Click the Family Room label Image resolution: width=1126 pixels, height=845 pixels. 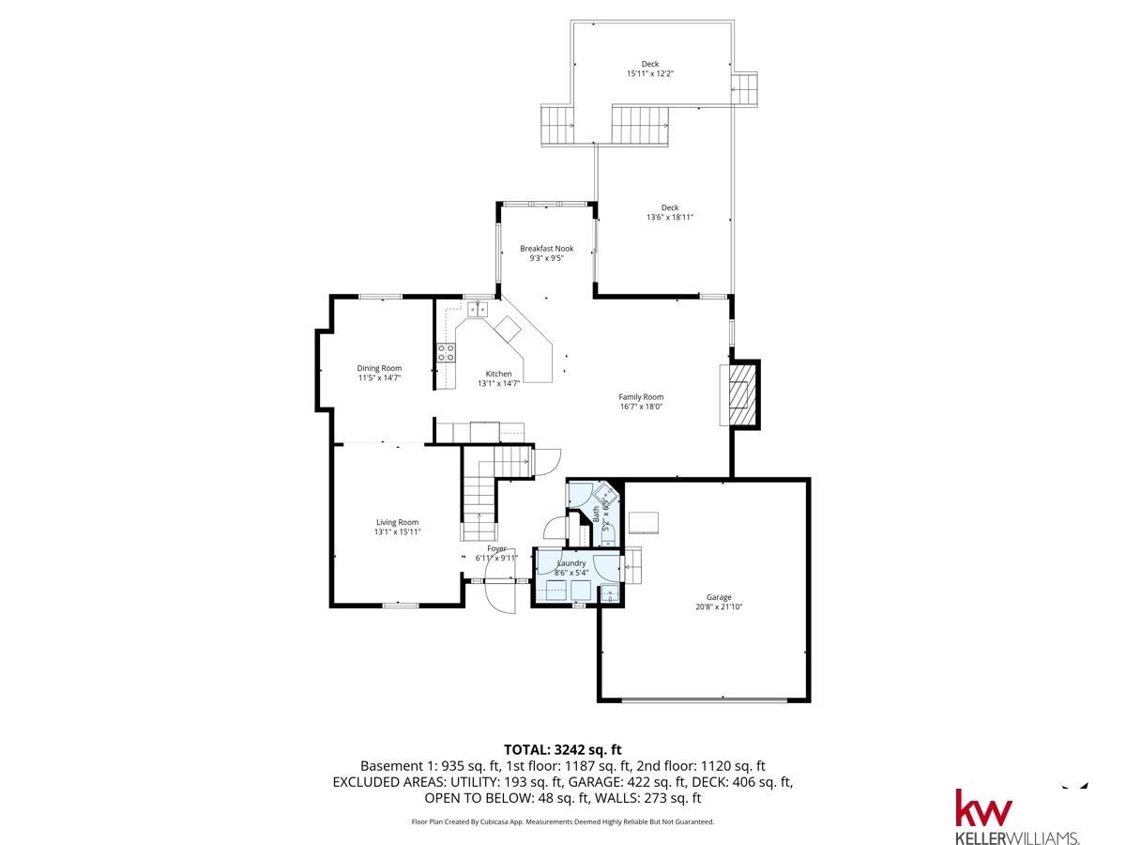tap(641, 397)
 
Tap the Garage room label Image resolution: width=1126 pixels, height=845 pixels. tap(719, 597)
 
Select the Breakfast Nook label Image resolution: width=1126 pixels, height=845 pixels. tap(547, 249)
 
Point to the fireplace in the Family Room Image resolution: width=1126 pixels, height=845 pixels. tap(739, 393)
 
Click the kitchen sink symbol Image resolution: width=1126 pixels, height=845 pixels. tap(477, 308)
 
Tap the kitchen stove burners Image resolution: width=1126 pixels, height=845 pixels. tap(447, 353)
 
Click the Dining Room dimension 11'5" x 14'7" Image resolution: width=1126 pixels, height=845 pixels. tap(379, 378)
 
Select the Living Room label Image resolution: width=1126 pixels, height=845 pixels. tap(397, 522)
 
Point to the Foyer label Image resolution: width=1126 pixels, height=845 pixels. tap(496, 548)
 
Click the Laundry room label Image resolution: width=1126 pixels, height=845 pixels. tap(571, 563)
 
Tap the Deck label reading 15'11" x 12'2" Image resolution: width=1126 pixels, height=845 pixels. tap(649, 73)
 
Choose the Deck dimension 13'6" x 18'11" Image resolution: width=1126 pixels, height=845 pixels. tap(669, 218)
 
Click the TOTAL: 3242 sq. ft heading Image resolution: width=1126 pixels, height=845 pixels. tap(563, 749)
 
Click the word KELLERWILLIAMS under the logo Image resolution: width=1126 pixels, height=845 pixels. tap(1016, 837)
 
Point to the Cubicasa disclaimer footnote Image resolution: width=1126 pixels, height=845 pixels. tap(563, 822)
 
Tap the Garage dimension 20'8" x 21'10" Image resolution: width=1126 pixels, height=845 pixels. tap(719, 607)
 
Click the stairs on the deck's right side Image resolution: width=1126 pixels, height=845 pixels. tap(744, 90)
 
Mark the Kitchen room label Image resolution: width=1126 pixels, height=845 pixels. tap(498, 374)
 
